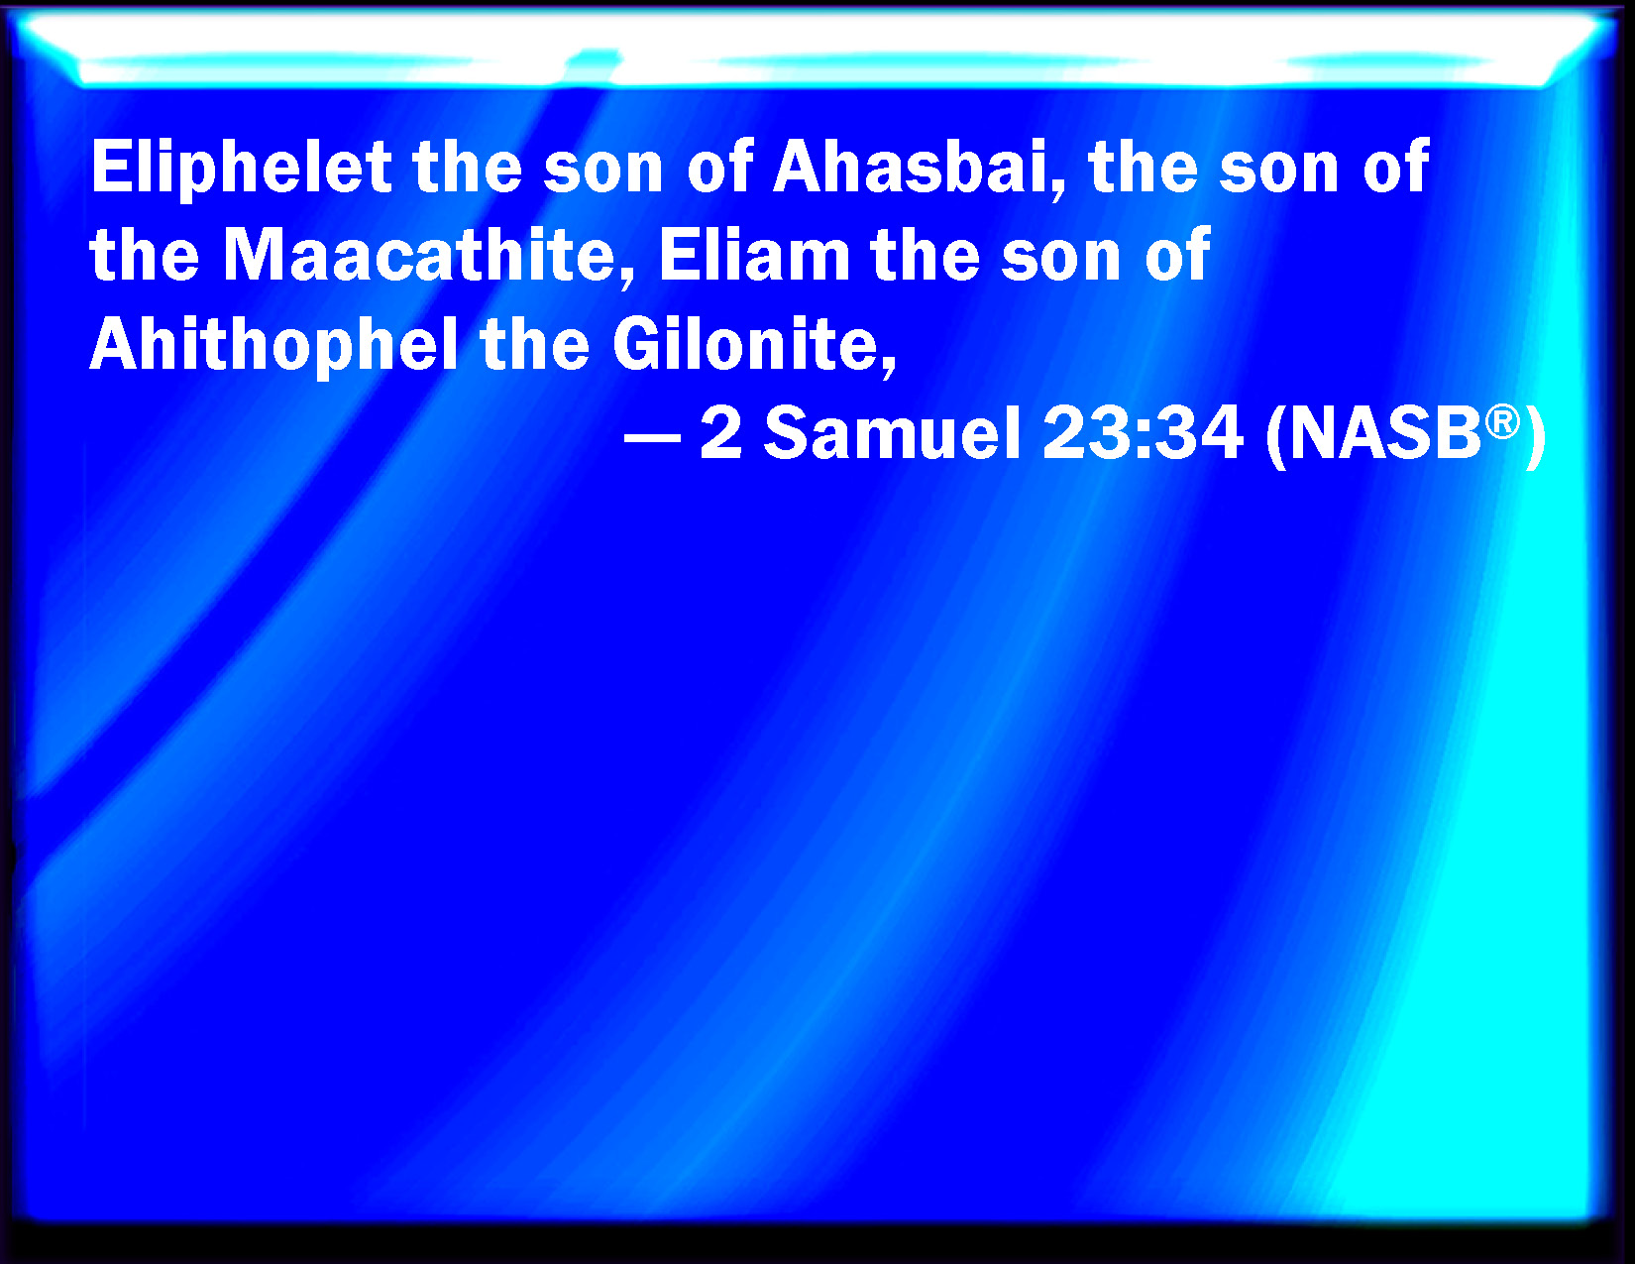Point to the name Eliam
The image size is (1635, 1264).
click(x=754, y=256)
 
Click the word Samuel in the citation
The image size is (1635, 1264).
click(x=893, y=434)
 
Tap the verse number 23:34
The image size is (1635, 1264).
click(x=1143, y=434)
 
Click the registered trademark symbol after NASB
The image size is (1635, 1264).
click(x=1502, y=422)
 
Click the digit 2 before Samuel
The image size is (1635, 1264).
click(x=720, y=434)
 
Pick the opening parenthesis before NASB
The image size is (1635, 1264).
click(x=1275, y=437)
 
